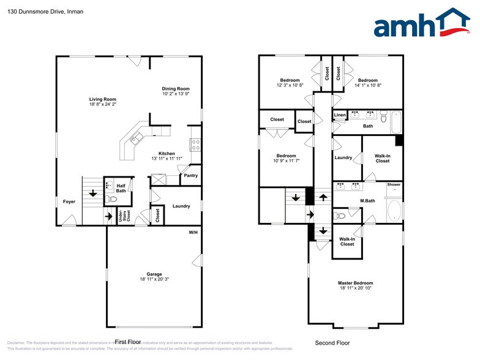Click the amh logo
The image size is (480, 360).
pyautogui.click(x=422, y=24)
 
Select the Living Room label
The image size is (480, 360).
pyautogui.click(x=102, y=99)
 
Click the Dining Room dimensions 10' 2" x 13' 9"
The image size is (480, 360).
pyautogui.click(x=176, y=94)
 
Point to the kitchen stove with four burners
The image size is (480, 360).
pyautogui.click(x=196, y=144)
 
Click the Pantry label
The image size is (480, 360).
pyautogui.click(x=190, y=176)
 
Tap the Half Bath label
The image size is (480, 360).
pyautogui.click(x=121, y=188)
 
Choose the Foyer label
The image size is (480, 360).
pyautogui.click(x=69, y=201)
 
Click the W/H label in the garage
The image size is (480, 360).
pyautogui.click(x=193, y=233)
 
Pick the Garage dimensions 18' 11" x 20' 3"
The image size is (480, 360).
pyautogui.click(x=154, y=279)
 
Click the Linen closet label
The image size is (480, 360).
pyautogui.click(x=340, y=115)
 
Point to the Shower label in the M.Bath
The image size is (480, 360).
pyautogui.click(x=394, y=184)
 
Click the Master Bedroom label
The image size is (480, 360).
pyautogui.click(x=355, y=283)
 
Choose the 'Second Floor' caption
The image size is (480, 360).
pyautogui.click(x=332, y=343)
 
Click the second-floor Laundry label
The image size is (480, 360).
pyautogui.click(x=343, y=157)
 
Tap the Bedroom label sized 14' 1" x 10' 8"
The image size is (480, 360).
pyautogui.click(x=368, y=80)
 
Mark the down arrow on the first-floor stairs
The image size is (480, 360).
pyautogui.click(x=93, y=193)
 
